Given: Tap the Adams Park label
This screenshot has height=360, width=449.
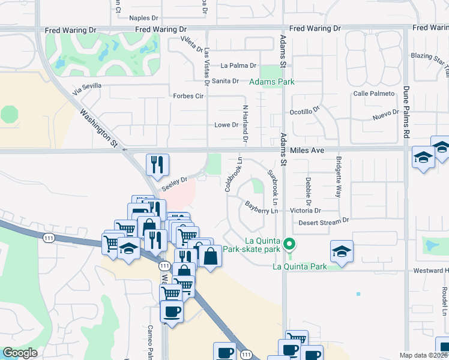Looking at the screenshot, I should point(272,82).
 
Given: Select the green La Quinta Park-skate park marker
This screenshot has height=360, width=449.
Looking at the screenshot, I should point(289,244).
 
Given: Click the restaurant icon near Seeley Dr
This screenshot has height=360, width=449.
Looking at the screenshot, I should point(157,165).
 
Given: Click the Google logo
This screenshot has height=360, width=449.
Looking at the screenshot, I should point(20,353).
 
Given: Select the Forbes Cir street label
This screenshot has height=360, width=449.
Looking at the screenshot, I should point(189,96).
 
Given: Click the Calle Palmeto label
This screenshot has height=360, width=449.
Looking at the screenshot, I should point(374,94).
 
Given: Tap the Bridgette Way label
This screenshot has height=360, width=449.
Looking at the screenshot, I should point(339,178).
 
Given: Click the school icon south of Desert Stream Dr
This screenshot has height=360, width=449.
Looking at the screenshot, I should point(342,251).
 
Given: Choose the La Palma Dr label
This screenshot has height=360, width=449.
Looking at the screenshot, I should point(238,66).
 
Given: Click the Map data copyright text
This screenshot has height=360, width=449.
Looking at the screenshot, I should point(424,355).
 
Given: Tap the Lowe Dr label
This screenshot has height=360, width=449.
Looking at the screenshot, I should point(226,125).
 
